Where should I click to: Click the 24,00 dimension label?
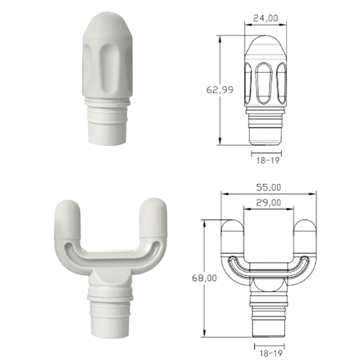tap(265, 18)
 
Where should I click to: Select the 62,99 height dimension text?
tap(220, 89)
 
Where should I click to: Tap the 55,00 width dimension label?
tap(269, 187)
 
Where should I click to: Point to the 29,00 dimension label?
tap(269, 202)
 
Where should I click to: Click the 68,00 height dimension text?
tap(205, 278)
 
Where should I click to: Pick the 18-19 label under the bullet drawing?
tap(268, 161)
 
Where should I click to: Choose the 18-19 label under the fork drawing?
tap(271, 353)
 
